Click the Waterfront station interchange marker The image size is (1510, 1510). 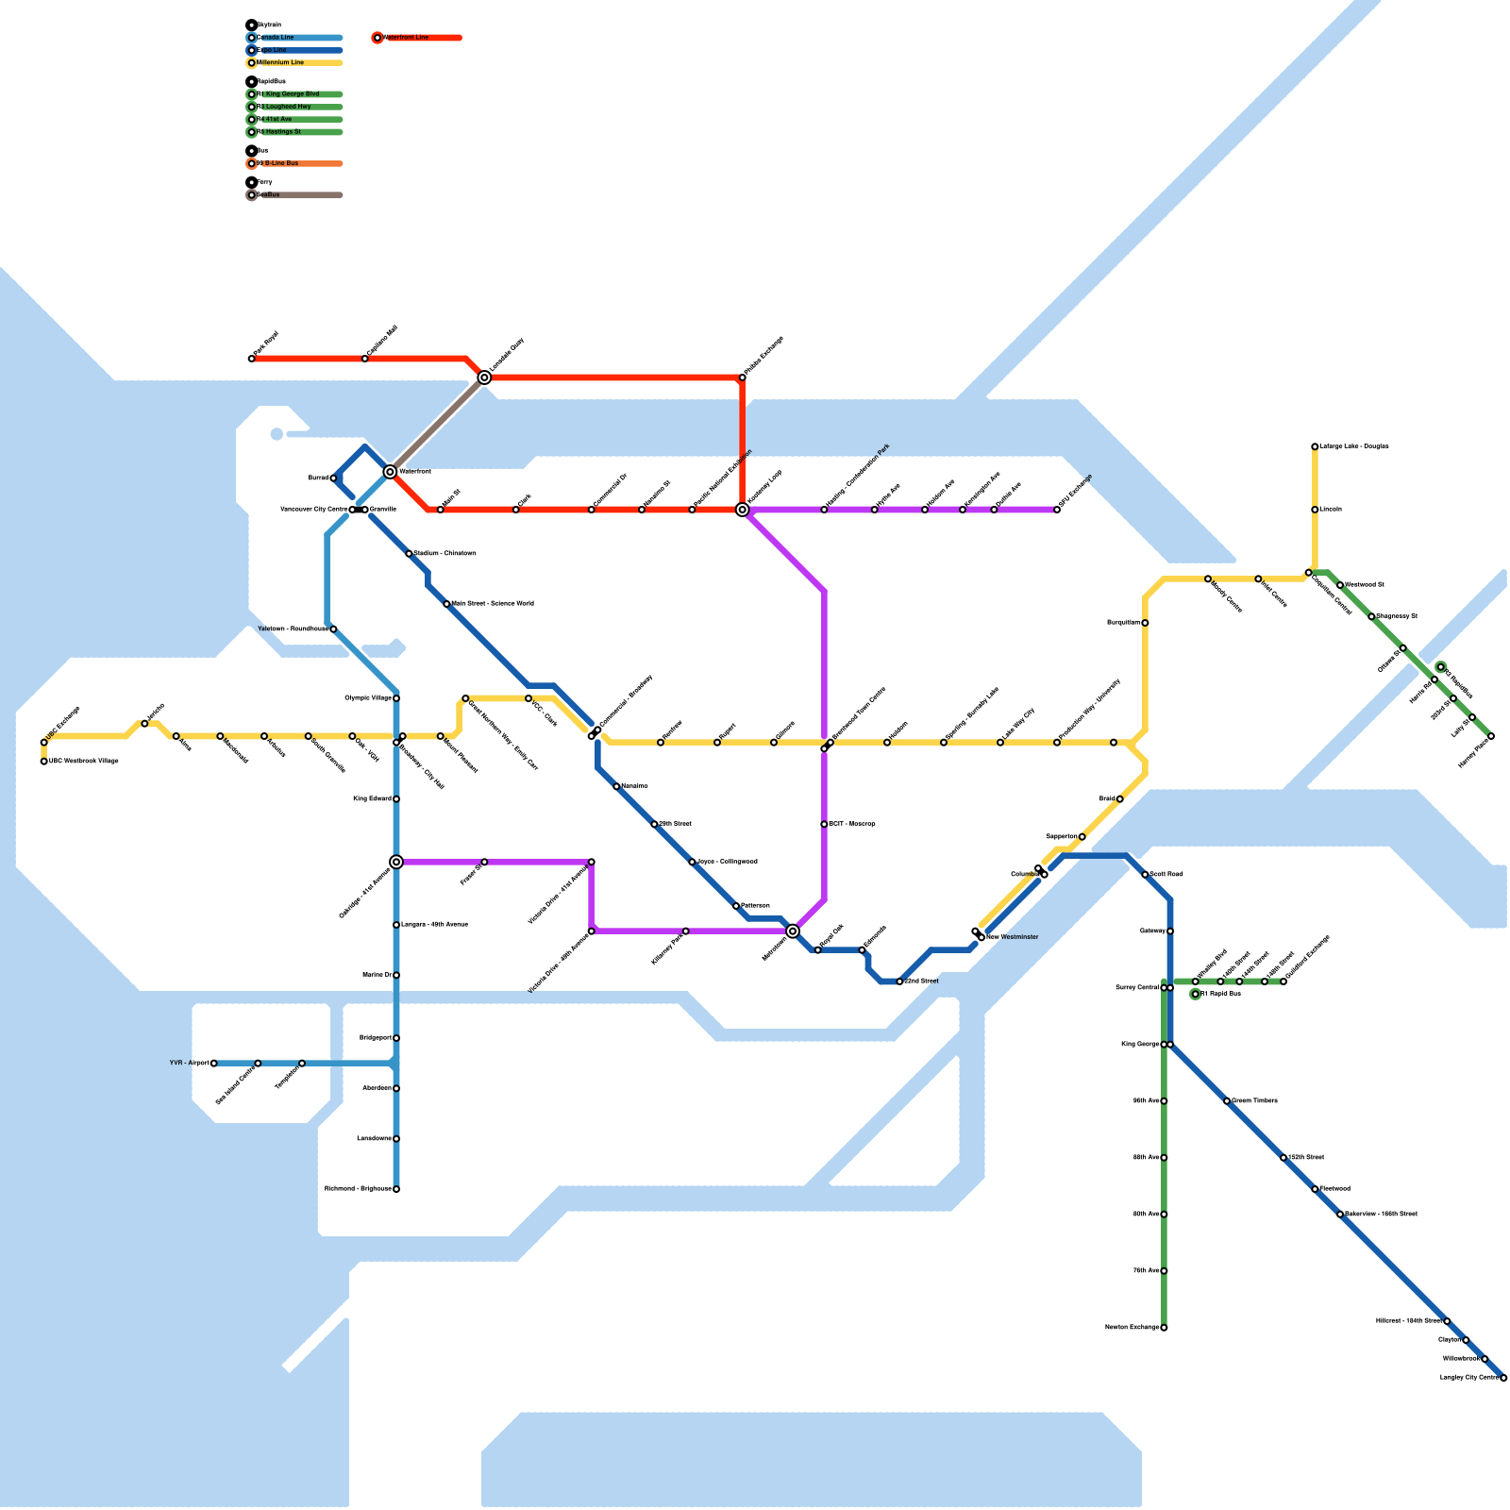[x=390, y=471]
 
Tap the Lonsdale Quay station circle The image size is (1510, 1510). [x=484, y=377]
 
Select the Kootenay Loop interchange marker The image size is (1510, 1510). [x=743, y=510]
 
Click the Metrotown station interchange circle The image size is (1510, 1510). [x=793, y=931]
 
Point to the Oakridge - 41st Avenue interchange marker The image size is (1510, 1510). [x=396, y=862]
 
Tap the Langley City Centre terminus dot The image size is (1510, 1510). [x=1503, y=1378]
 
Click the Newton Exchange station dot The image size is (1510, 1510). [x=1164, y=1328]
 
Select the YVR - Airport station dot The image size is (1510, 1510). [x=214, y=1064]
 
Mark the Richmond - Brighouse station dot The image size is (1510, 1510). [x=396, y=1189]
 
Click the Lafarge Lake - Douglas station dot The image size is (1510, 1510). [x=1315, y=446]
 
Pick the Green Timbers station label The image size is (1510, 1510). [x=1255, y=1101]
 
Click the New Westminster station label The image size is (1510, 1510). [x=1013, y=937]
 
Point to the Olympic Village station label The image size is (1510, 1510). [x=368, y=698]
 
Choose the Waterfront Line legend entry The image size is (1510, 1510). [x=407, y=38]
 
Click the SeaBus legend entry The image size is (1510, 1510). [x=269, y=195]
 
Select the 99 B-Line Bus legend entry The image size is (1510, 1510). [x=278, y=163]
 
